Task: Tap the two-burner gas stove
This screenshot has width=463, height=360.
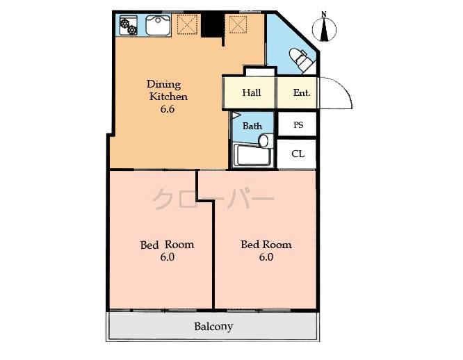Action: (129, 26)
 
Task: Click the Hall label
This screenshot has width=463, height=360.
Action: (252, 92)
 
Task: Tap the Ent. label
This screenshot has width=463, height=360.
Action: (302, 92)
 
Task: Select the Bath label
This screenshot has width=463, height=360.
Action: (252, 126)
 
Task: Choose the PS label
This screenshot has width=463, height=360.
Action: (298, 125)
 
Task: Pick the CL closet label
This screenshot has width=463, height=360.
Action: (298, 154)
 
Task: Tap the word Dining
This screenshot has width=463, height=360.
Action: (163, 84)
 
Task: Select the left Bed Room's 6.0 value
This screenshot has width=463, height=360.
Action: (167, 256)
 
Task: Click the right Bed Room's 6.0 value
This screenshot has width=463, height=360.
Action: (266, 256)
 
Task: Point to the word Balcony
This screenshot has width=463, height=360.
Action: (213, 326)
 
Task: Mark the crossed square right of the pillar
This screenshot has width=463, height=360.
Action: (238, 25)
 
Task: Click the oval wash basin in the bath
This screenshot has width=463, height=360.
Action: (263, 141)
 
